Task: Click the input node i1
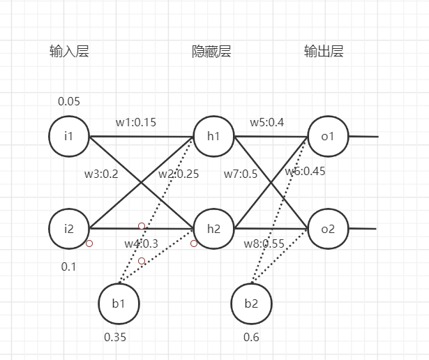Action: pos(68,135)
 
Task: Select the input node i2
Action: pos(68,228)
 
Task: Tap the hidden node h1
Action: pos(213,135)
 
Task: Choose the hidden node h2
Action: pos(213,228)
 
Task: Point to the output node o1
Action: pos(328,135)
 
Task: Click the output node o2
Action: pos(328,228)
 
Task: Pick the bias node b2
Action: pos(250,304)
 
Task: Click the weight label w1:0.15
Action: pos(136,122)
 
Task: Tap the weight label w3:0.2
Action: pos(100,174)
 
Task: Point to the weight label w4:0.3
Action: pos(142,243)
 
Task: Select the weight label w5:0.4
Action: pos(267,122)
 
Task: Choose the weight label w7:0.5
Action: pos(241,174)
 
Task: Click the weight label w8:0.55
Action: pos(264,243)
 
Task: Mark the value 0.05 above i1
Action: pos(69,101)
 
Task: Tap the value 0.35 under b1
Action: pos(115,337)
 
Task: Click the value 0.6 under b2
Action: pos(251,337)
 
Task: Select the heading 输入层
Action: pos(69,52)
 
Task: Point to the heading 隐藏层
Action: pos(211,52)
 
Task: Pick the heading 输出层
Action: pos(324,52)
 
